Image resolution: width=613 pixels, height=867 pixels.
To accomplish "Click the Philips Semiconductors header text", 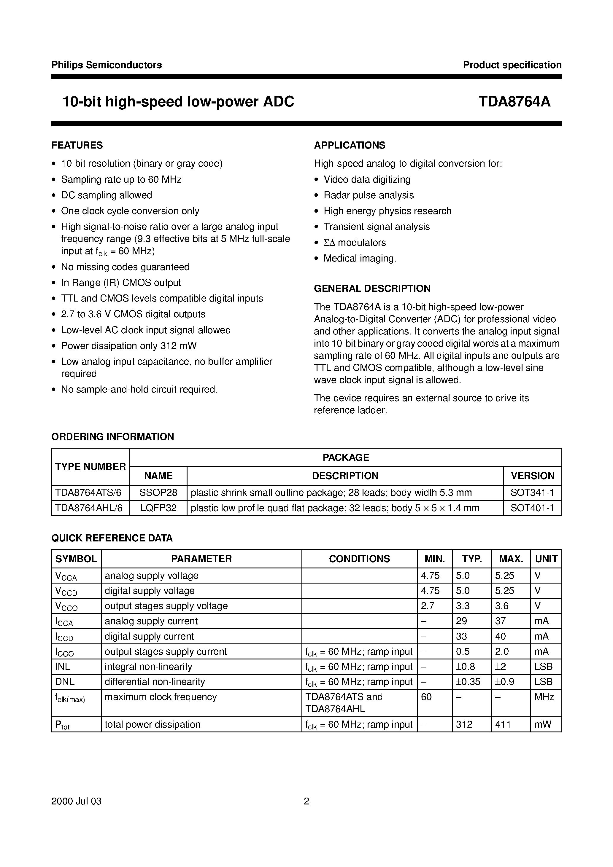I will pos(107,65).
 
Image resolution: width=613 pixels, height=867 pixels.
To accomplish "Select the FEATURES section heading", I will pos(77,145).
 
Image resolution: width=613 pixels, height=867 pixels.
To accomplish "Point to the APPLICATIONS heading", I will pos(349,145).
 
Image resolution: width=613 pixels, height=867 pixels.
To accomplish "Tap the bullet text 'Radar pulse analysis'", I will pos(369,195).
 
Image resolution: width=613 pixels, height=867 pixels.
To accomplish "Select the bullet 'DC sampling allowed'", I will pos(107,195).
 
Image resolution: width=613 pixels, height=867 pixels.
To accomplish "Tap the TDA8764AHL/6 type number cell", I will pos(89,508).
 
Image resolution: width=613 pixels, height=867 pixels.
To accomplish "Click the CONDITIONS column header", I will pos(359,559).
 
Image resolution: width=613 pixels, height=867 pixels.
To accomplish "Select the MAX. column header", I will pos(511,559).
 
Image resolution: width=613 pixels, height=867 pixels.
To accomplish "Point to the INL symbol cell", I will pos(63,667).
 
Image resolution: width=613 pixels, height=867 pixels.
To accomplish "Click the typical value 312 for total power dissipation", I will pos(464,724).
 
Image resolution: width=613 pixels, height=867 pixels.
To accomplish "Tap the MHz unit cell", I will pos(544,697).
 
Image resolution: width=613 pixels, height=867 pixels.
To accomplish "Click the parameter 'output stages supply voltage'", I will pos(166,606).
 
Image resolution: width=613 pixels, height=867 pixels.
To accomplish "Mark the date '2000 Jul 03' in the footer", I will pos(76,801).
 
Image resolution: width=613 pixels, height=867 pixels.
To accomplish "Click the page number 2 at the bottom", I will pos(306,801).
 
